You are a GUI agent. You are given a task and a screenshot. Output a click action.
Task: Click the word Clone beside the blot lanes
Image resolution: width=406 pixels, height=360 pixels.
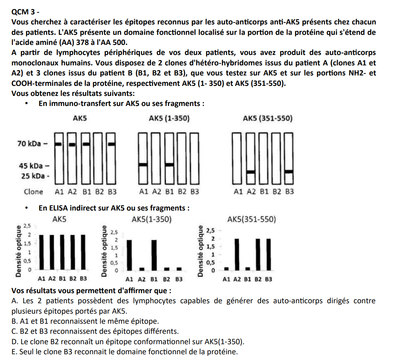pos(33,191)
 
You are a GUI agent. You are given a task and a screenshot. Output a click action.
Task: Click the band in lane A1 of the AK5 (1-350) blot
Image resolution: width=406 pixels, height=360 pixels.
pos(143,165)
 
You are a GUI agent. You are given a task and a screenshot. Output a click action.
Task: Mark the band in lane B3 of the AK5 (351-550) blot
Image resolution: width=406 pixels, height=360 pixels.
pos(289,171)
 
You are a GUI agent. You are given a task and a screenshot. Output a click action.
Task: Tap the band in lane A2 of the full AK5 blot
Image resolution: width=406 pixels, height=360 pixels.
pos(72,144)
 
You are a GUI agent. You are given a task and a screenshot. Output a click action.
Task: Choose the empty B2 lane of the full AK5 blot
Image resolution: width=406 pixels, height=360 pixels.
pos(99,158)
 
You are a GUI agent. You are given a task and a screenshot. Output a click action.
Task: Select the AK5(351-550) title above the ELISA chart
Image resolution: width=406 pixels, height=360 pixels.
pos(251,219)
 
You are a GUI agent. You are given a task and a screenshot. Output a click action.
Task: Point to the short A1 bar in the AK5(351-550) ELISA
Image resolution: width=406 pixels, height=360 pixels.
pos(226,268)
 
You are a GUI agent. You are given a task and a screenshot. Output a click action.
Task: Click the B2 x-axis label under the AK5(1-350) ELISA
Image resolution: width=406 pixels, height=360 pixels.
pos(167,279)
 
